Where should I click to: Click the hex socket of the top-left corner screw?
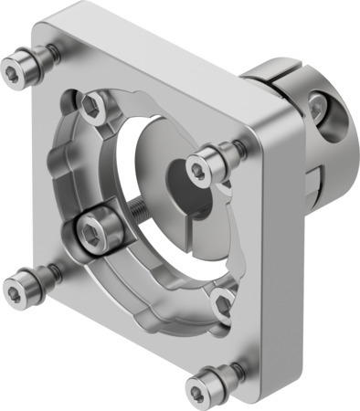click(17, 66)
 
